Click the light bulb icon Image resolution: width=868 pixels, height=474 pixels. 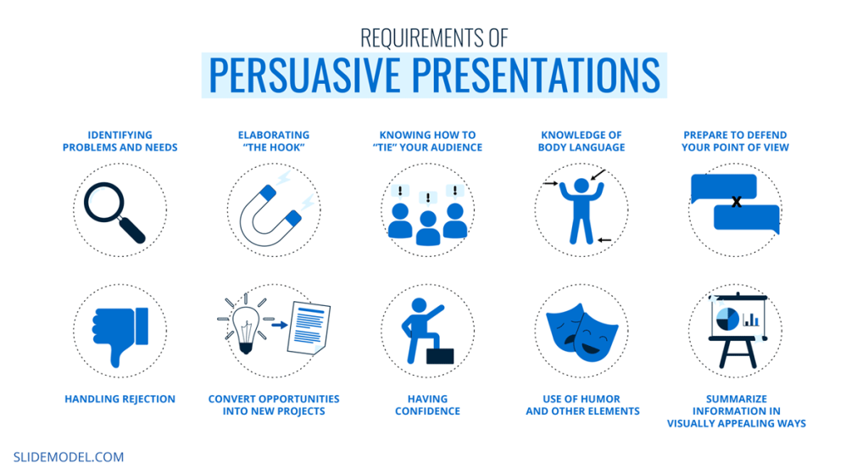[x=245, y=326]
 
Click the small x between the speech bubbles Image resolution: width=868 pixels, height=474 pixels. [x=737, y=202]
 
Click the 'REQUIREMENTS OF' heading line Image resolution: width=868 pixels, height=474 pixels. [x=433, y=38]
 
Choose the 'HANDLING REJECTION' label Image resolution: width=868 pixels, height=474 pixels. [x=120, y=399]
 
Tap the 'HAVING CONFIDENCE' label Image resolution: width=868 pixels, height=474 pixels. [x=433, y=404]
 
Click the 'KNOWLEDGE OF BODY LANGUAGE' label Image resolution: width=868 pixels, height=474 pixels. [x=581, y=141]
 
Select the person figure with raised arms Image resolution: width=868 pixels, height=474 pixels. [x=581, y=209]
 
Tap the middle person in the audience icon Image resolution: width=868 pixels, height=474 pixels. [x=427, y=224]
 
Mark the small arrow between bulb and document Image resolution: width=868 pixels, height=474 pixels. [x=277, y=323]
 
